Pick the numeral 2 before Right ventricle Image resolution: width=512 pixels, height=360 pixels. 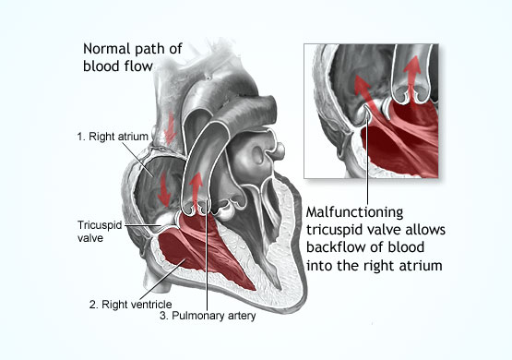92,304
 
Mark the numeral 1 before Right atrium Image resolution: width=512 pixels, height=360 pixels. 80,137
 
